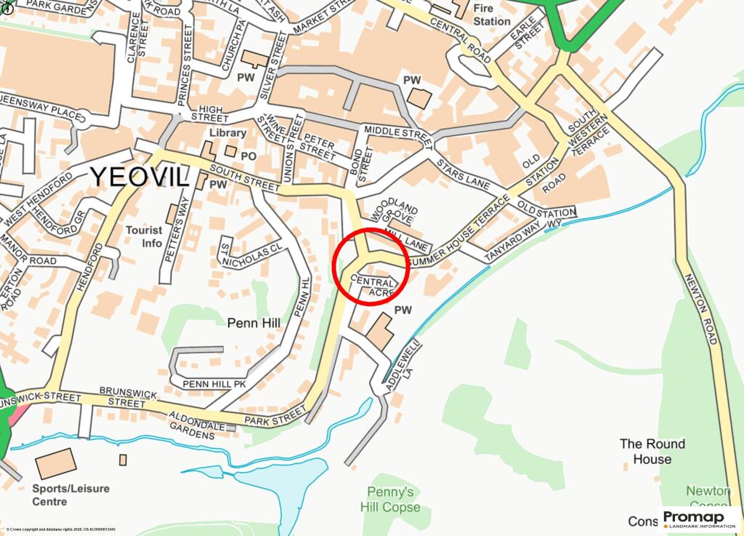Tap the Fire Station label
pyautogui.click(x=492, y=15)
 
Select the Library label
pyautogui.click(x=227, y=133)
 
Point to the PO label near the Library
pyautogui.click(x=248, y=156)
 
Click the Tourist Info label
pyautogui.click(x=144, y=236)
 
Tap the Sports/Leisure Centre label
pyautogui.click(x=71, y=495)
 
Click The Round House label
pyautogui.click(x=652, y=451)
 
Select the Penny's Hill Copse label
pyautogui.click(x=390, y=499)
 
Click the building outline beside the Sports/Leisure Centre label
pyautogui.click(x=56, y=463)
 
